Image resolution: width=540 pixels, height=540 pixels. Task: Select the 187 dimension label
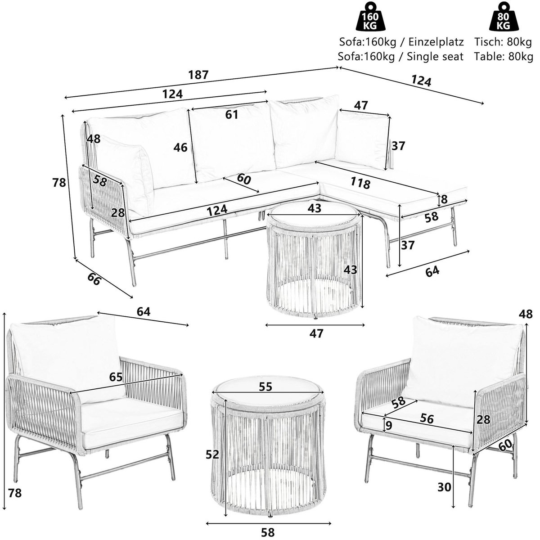point(198,75)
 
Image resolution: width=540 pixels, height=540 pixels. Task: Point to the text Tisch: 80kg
point(503,43)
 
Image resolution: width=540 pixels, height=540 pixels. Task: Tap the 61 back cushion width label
point(231,115)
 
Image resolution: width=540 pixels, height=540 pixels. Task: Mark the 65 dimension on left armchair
point(116,377)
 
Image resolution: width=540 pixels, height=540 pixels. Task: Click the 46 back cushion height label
point(181,148)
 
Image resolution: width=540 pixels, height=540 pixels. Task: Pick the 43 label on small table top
point(315,209)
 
